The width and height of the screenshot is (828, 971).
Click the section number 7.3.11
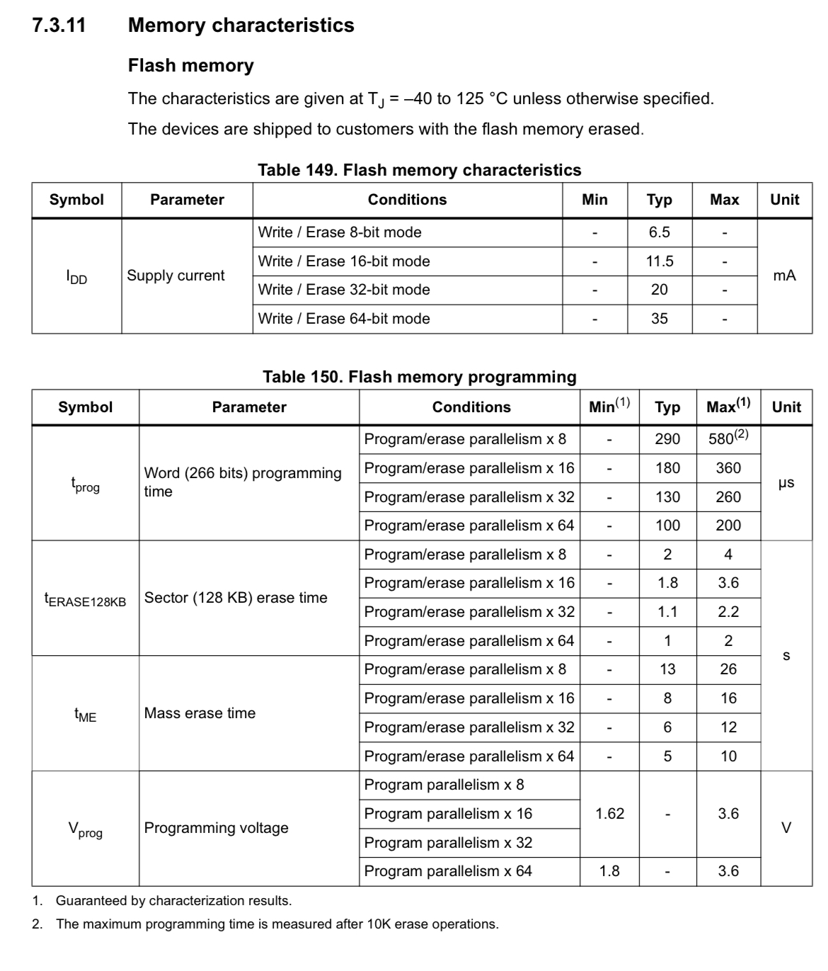[59, 25]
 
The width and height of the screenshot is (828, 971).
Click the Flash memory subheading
[190, 66]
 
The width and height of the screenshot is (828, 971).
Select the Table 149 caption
[419, 170]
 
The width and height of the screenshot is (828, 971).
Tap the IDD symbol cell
[76, 277]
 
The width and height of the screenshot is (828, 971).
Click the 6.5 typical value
[659, 232]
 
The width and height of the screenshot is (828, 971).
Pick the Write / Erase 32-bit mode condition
[344, 290]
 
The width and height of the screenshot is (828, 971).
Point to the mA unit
[784, 276]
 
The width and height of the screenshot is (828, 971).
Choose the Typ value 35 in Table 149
[659, 319]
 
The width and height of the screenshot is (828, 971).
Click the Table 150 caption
[419, 377]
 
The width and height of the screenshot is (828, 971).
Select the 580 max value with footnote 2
[728, 438]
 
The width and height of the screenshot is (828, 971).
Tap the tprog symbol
[85, 484]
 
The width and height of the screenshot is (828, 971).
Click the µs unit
[786, 483]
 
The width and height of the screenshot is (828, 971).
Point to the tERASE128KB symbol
[85, 599]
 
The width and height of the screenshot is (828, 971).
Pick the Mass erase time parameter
[200, 713]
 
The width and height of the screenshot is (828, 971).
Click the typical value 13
[667, 669]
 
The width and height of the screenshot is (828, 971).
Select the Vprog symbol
[85, 829]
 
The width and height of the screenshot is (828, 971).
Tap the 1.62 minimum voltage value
[609, 814]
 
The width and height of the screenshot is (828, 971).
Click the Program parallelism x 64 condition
[448, 871]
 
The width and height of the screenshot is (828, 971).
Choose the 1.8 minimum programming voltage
[609, 871]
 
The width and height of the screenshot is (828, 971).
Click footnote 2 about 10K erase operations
[276, 924]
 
